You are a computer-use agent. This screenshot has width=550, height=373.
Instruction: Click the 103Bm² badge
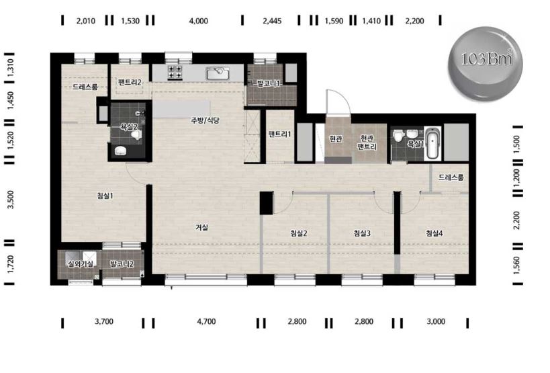point(486,64)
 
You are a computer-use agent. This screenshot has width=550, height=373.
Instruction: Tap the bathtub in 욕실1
point(432,144)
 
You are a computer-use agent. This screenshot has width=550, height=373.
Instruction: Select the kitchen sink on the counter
point(218,74)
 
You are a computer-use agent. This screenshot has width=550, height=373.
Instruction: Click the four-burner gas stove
point(175,72)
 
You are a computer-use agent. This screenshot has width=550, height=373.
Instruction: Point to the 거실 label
point(201,227)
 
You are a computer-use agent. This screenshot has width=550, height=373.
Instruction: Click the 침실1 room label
point(105,196)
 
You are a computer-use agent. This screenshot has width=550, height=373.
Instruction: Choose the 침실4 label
point(434,233)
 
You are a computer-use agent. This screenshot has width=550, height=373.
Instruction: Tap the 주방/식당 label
point(205,120)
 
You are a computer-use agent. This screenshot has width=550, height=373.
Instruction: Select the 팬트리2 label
point(130,83)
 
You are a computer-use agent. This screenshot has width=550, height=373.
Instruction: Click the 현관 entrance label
point(336,138)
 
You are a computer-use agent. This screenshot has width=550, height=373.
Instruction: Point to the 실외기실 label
point(81,264)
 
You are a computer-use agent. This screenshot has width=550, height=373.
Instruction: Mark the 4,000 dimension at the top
point(199,21)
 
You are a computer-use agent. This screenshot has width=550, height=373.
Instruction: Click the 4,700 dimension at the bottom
point(206,321)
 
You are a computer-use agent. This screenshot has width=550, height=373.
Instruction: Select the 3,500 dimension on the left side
point(11,200)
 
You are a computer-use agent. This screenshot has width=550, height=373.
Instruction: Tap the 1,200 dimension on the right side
point(516,178)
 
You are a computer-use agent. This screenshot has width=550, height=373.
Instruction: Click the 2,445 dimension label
point(272,21)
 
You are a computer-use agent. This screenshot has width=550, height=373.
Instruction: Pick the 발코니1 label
point(269,83)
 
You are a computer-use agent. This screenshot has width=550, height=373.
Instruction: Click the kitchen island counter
point(181,110)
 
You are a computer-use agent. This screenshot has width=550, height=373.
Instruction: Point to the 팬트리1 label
point(279,134)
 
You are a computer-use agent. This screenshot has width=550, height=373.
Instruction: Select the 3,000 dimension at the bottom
point(436,321)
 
